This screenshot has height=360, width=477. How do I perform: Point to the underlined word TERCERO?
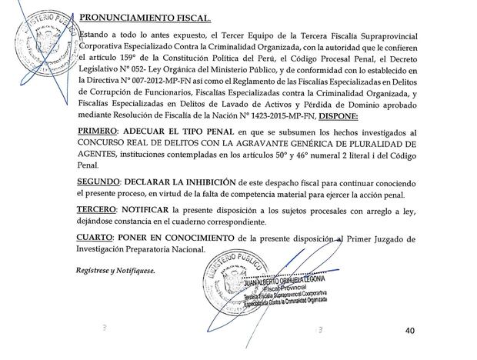(101, 210)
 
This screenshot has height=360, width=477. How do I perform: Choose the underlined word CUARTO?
(98, 237)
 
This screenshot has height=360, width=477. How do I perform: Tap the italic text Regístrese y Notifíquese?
(115, 271)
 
